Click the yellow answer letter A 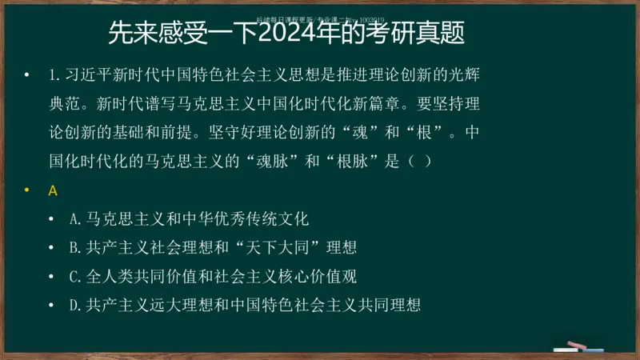point(53,190)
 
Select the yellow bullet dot point(26,190)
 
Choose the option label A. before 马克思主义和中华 point(77,218)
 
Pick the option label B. point(77,247)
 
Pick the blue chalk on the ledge point(594,349)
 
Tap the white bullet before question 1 point(26,75)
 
